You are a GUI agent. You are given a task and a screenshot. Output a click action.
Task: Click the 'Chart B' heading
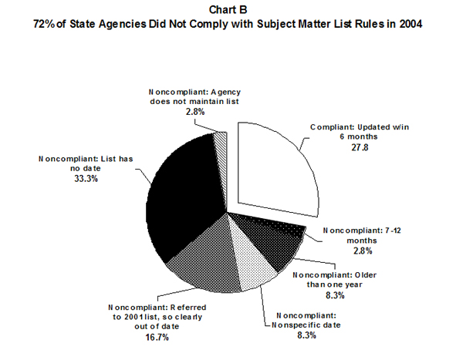(231, 11)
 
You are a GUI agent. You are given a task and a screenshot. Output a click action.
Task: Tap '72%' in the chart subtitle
(43, 25)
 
